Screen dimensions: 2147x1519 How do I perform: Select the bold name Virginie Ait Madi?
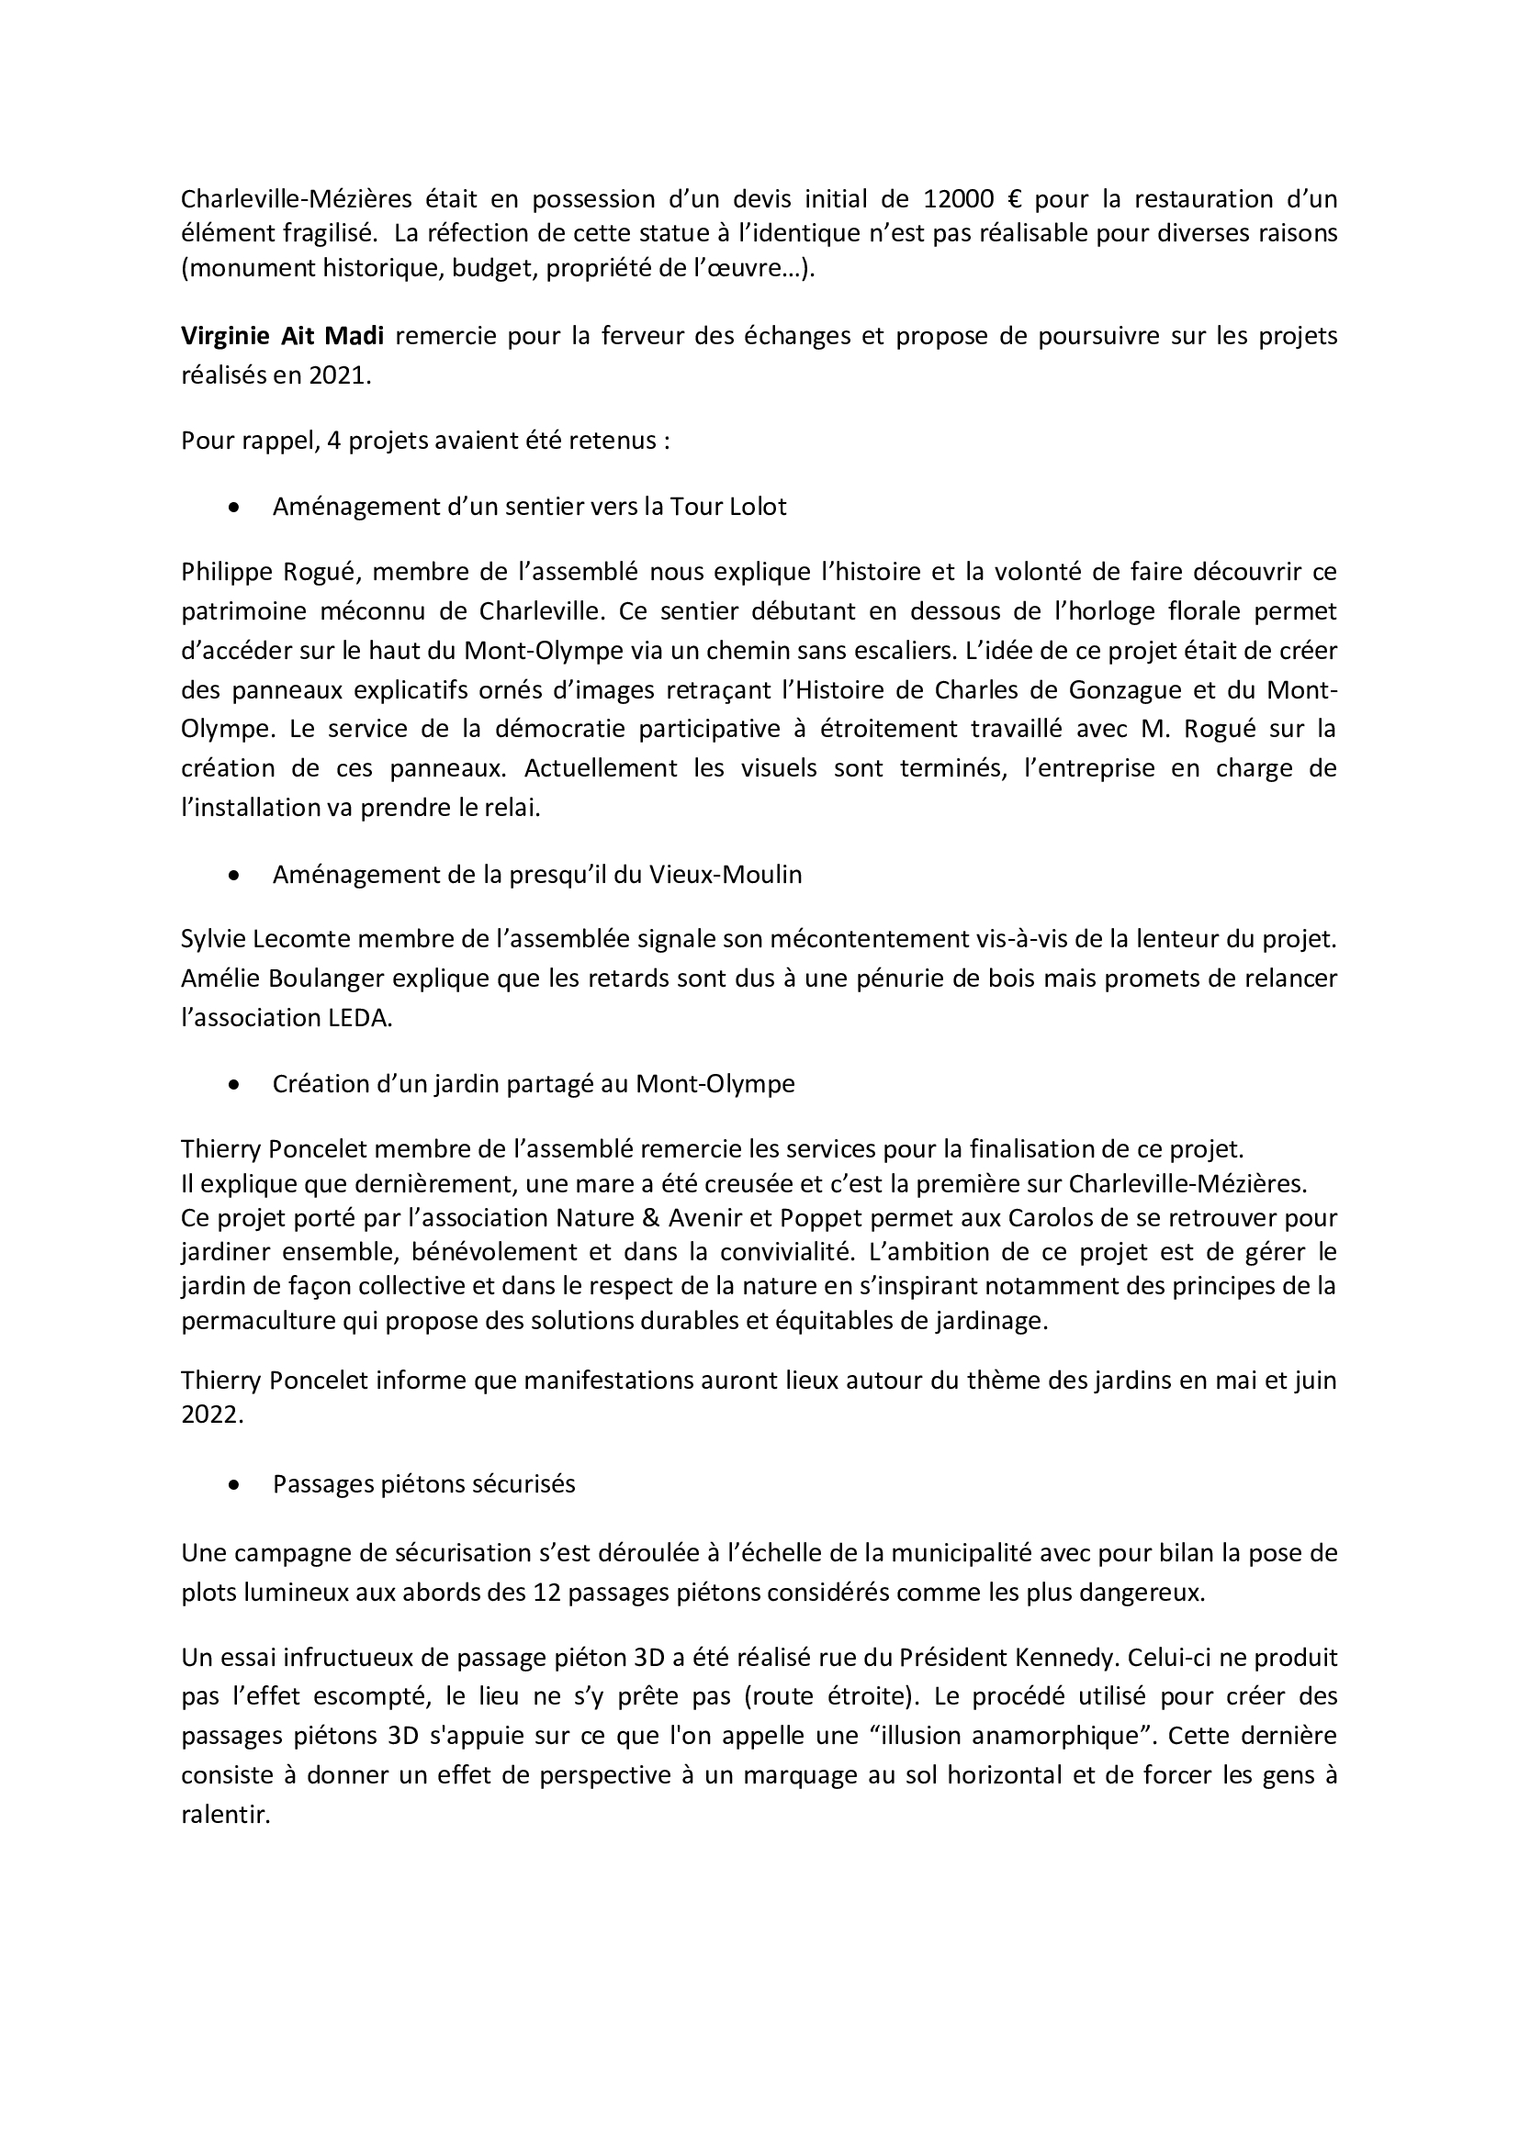[283, 336]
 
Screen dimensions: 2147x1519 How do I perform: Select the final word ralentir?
[224, 1815]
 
